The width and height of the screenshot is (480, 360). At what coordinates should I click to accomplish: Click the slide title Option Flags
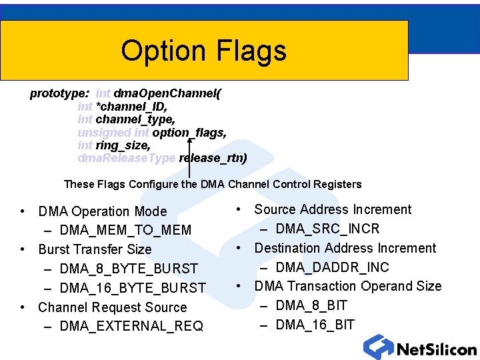203,51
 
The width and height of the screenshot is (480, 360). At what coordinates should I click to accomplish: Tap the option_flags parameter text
189,133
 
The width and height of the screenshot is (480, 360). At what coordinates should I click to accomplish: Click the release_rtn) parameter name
213,158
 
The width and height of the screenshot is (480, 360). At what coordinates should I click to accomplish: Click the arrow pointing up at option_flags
190,157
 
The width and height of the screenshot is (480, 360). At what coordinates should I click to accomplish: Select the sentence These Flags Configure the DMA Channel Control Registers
212,185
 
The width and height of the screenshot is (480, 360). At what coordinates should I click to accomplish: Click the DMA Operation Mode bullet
103,211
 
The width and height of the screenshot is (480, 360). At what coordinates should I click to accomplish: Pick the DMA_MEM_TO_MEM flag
125,231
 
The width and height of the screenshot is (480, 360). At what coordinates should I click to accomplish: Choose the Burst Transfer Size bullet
95,250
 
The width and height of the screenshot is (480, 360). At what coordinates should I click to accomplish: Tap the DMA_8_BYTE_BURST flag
129,269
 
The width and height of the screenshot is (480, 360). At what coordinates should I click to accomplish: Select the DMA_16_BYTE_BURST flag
133,288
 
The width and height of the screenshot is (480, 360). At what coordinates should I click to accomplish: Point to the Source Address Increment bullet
333,209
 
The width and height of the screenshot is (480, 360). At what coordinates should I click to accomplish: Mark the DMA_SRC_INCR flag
327,229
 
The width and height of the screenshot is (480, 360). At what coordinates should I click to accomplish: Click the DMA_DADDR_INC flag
332,267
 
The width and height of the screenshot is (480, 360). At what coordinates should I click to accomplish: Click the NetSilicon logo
420,347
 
